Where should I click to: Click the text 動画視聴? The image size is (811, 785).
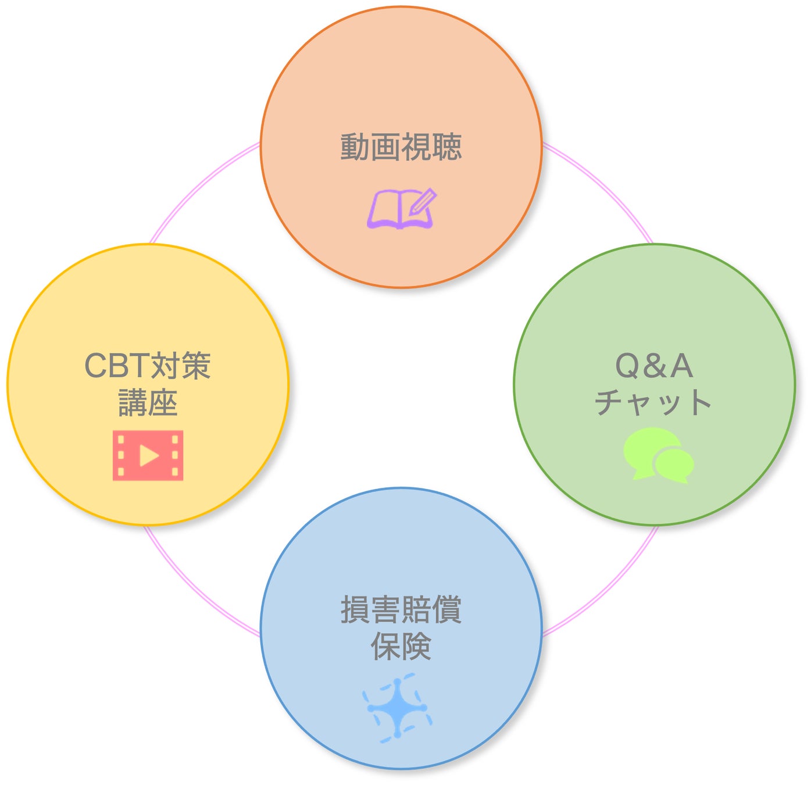click(x=401, y=147)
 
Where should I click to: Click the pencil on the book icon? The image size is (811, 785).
click(x=423, y=201)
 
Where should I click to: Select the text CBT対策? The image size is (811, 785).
click(x=148, y=366)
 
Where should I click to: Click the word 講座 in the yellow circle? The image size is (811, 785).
click(x=148, y=402)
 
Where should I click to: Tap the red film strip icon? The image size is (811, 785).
click(x=148, y=455)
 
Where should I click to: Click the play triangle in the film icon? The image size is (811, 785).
click(x=149, y=455)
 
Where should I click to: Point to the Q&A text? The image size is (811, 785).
click(x=654, y=366)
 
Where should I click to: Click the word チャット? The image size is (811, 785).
click(x=653, y=402)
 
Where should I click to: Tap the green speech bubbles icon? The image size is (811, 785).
click(x=658, y=455)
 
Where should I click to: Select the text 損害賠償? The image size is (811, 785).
click(x=401, y=610)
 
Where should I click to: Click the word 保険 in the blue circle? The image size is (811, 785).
click(x=401, y=646)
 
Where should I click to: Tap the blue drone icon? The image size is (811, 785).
click(x=398, y=708)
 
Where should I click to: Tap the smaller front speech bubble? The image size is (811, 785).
click(x=674, y=463)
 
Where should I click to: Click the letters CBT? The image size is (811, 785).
click(x=116, y=366)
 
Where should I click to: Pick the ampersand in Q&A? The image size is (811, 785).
click(x=654, y=366)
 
